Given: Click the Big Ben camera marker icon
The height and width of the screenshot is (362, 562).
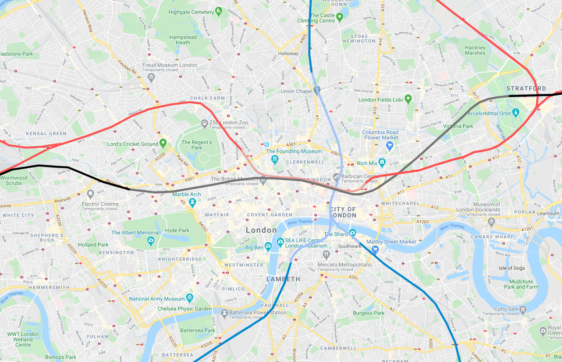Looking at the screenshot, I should pyautogui.click(x=268, y=247).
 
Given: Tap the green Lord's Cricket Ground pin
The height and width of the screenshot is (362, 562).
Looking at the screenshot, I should pyautogui.click(x=163, y=143).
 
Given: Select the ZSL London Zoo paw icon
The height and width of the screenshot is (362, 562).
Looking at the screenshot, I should pyautogui.click(x=205, y=123).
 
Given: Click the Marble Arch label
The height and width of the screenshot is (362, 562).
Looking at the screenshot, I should pyautogui.click(x=186, y=195).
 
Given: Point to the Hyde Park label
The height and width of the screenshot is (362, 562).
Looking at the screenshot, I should pyautogui.click(x=177, y=230).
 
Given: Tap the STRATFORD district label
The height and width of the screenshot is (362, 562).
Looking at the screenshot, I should pyautogui.click(x=526, y=88).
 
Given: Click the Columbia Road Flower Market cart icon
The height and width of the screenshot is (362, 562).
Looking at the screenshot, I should pyautogui.click(x=389, y=145).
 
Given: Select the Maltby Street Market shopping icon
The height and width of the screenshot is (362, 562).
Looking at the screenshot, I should pyautogui.click(x=375, y=249).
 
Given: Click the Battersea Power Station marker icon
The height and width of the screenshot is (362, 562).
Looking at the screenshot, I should pyautogui.click(x=224, y=313).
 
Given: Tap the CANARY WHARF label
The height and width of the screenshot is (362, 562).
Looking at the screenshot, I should pyautogui.click(x=493, y=237).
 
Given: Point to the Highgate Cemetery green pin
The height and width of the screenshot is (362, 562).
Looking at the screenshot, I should pyautogui.click(x=219, y=10).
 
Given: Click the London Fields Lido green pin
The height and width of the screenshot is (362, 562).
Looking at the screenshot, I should pyautogui.click(x=408, y=98).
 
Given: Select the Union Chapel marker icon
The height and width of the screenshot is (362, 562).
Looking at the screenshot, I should pyautogui.click(x=317, y=90).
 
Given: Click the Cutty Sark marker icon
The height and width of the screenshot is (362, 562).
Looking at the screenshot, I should pyautogui.click(x=523, y=310).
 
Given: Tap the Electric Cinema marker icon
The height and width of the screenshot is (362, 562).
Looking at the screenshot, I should pyautogui.click(x=90, y=194).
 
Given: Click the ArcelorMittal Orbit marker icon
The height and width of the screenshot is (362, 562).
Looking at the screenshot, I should pyautogui.click(x=515, y=113).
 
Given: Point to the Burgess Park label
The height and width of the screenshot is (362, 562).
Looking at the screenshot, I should pyautogui.click(x=369, y=313).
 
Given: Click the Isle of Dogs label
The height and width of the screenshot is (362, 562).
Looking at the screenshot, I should pyautogui.click(x=512, y=268).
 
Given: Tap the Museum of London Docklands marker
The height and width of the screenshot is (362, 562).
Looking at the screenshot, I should pyautogui.click(x=491, y=221).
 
